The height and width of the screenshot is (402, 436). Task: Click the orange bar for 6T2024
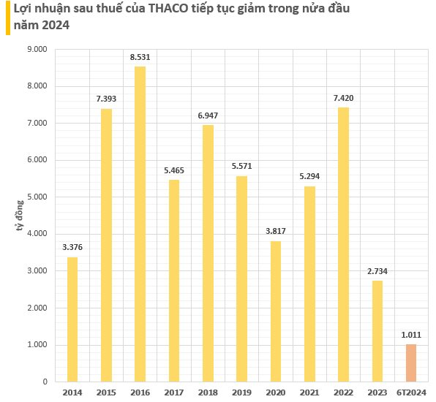click(x=411, y=363)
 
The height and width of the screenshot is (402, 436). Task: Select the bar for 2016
click(x=140, y=224)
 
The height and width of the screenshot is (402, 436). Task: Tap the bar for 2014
click(x=72, y=319)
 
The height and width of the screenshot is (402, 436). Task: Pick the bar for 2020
click(x=276, y=311)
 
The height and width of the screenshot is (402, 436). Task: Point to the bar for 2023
click(x=377, y=331)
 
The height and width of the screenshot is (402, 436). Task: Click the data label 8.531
click(x=140, y=57)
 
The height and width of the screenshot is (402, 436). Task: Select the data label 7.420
click(x=343, y=98)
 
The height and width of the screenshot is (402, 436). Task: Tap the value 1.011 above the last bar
click(x=411, y=335)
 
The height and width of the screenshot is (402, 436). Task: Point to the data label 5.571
click(x=241, y=166)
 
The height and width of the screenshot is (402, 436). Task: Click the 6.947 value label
click(x=208, y=115)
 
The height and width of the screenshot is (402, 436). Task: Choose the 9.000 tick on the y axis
click(x=37, y=49)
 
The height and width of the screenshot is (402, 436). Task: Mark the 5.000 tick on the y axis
click(x=37, y=197)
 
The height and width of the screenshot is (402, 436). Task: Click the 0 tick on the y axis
click(x=45, y=382)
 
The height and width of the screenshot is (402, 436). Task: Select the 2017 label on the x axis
click(x=174, y=392)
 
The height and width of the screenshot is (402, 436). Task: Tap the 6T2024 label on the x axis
click(x=411, y=392)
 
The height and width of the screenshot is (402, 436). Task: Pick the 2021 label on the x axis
click(x=309, y=392)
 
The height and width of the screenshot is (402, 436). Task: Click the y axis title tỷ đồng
click(x=20, y=216)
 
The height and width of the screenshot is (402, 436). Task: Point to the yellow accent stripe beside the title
click(x=8, y=18)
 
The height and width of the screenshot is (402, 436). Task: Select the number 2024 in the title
click(x=56, y=26)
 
